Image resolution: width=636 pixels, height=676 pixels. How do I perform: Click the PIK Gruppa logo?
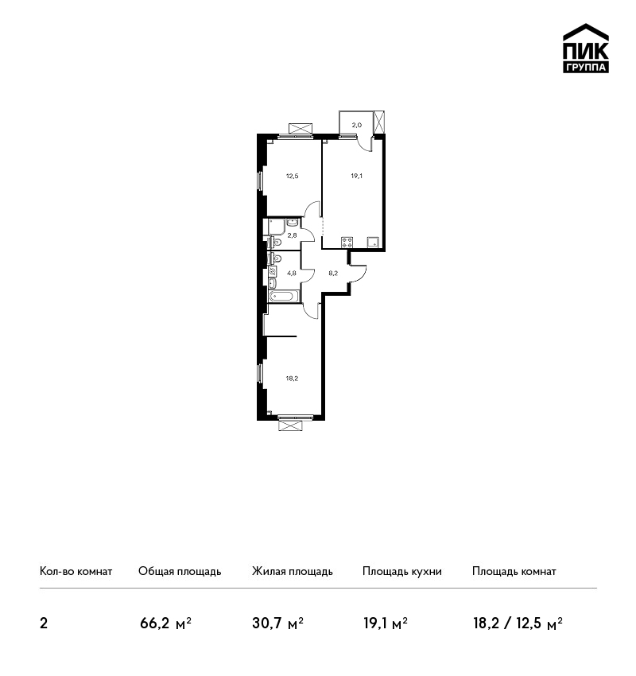tap(586, 48)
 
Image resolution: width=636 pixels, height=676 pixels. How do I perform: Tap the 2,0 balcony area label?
tap(357, 126)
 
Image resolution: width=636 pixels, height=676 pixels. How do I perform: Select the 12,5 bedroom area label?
tap(292, 176)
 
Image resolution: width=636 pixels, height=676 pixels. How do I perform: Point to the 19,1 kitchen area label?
tap(356, 176)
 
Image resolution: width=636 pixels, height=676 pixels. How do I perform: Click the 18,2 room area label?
tap(292, 379)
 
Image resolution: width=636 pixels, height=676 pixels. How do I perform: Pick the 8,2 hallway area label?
tap(333, 273)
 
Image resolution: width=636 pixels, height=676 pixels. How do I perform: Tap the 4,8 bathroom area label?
tap(292, 273)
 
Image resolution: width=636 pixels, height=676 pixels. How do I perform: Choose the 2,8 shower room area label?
tap(292, 235)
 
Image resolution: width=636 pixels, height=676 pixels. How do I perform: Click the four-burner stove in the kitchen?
tap(347, 243)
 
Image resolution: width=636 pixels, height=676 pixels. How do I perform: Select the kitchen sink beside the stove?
tap(373, 243)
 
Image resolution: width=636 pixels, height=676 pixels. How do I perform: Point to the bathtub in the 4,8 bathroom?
tap(284, 296)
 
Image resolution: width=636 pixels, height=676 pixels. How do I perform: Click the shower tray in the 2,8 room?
tap(276, 227)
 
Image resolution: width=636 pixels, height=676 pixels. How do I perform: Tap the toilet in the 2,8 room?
tap(275, 242)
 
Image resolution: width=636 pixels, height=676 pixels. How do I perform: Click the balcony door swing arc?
tap(366, 143)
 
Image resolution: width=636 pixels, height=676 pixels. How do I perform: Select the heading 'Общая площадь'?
tap(180, 572)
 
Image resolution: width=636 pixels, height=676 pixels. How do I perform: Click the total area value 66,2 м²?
tap(165, 624)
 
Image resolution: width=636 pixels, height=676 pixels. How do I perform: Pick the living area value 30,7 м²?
tap(278, 624)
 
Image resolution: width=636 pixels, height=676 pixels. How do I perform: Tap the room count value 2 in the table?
tap(44, 624)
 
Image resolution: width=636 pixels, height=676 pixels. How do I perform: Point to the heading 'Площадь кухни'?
tap(402, 572)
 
